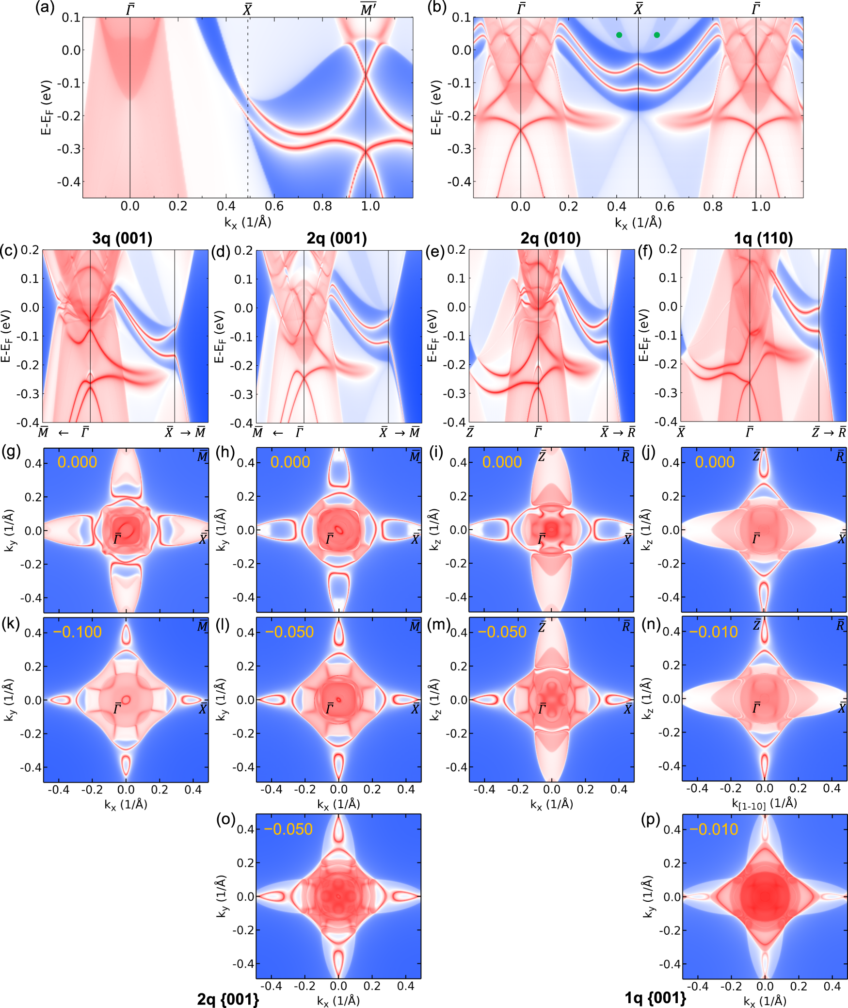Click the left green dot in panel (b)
(619, 35)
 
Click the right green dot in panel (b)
(656, 35)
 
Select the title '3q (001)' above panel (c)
(122, 239)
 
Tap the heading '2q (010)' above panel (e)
(550, 239)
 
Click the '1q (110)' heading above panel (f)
(763, 239)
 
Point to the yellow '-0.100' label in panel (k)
(78, 632)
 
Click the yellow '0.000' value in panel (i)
(502, 462)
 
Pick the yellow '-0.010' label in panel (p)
(714, 829)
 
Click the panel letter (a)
(45, 8)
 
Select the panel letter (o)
(226, 819)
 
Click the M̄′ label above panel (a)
(368, 9)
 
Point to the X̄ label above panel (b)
(638, 9)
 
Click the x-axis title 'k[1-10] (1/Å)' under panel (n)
(764, 804)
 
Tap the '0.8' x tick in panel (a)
(322, 206)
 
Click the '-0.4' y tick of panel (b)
(458, 182)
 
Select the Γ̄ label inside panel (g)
(117, 539)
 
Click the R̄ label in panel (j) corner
(840, 456)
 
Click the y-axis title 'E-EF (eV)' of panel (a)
(46, 108)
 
